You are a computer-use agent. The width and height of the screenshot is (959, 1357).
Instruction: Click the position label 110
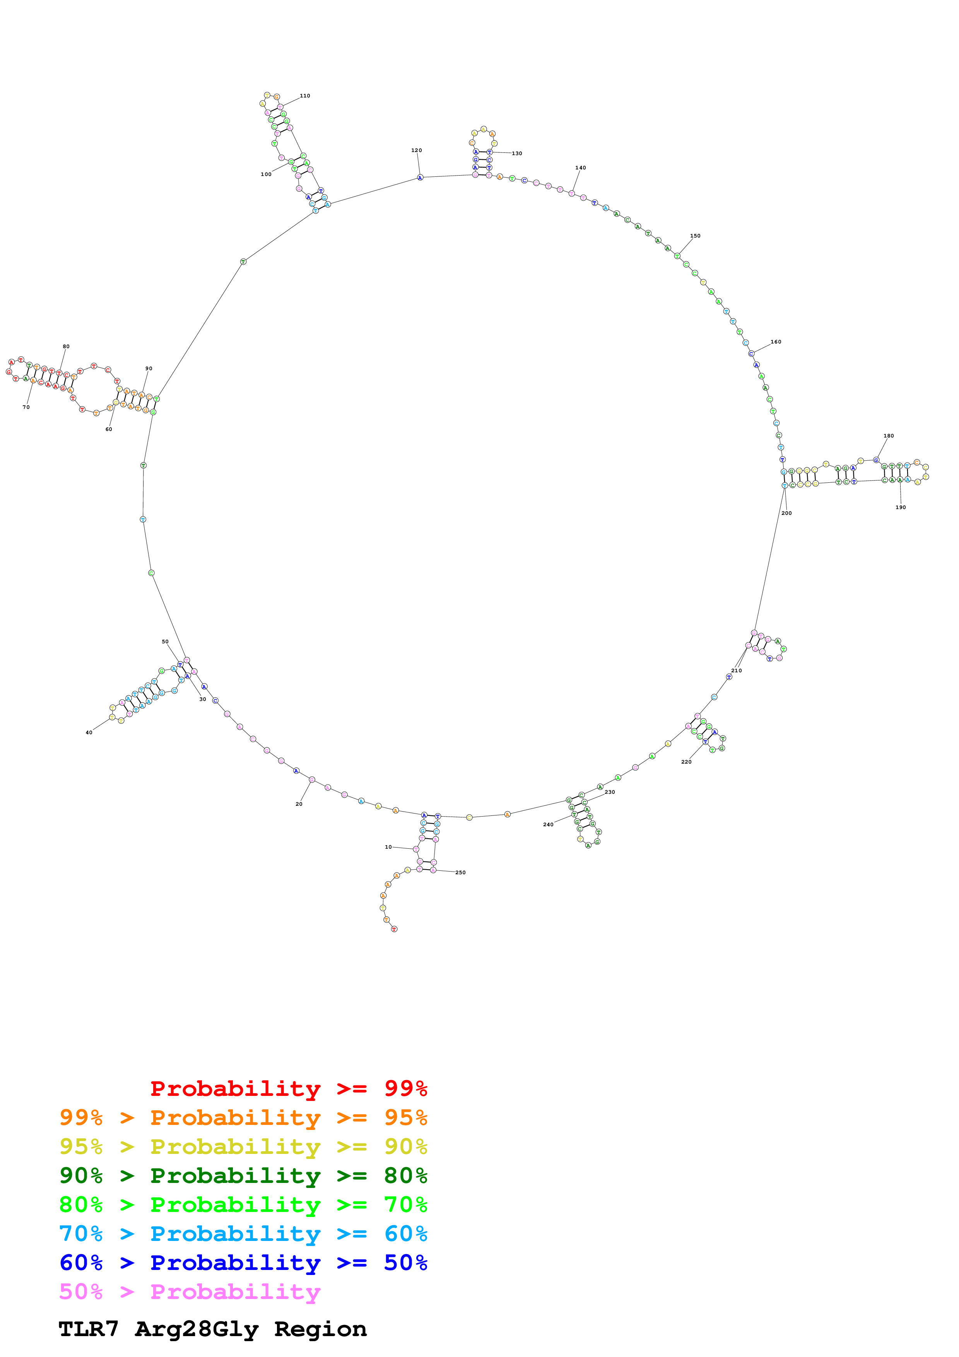(305, 96)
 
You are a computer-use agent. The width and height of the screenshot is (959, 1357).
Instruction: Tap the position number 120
(417, 150)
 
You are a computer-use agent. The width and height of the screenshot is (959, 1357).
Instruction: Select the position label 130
(517, 154)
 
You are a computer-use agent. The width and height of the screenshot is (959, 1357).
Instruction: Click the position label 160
(776, 342)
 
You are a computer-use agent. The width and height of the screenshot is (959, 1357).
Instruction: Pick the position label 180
(889, 436)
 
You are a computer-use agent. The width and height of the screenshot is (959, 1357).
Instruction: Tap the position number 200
(786, 513)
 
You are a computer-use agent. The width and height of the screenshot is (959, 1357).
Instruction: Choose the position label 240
(548, 824)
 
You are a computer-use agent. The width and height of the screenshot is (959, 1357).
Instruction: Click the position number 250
(460, 872)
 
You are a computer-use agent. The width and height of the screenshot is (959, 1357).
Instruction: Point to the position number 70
(26, 407)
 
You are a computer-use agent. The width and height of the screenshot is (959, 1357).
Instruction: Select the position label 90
(149, 368)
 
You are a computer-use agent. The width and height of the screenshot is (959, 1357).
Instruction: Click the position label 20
(299, 804)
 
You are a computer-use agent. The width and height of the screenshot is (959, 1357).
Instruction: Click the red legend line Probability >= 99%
(288, 1088)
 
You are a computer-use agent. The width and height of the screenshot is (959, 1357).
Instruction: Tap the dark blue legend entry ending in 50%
(243, 1263)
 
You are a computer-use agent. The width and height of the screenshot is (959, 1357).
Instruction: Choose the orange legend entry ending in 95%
(243, 1118)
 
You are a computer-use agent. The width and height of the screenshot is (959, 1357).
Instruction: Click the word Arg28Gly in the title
(197, 1329)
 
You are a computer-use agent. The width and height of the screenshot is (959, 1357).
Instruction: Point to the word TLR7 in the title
(89, 1329)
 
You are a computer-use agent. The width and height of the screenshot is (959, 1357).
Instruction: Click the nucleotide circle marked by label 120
(420, 177)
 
